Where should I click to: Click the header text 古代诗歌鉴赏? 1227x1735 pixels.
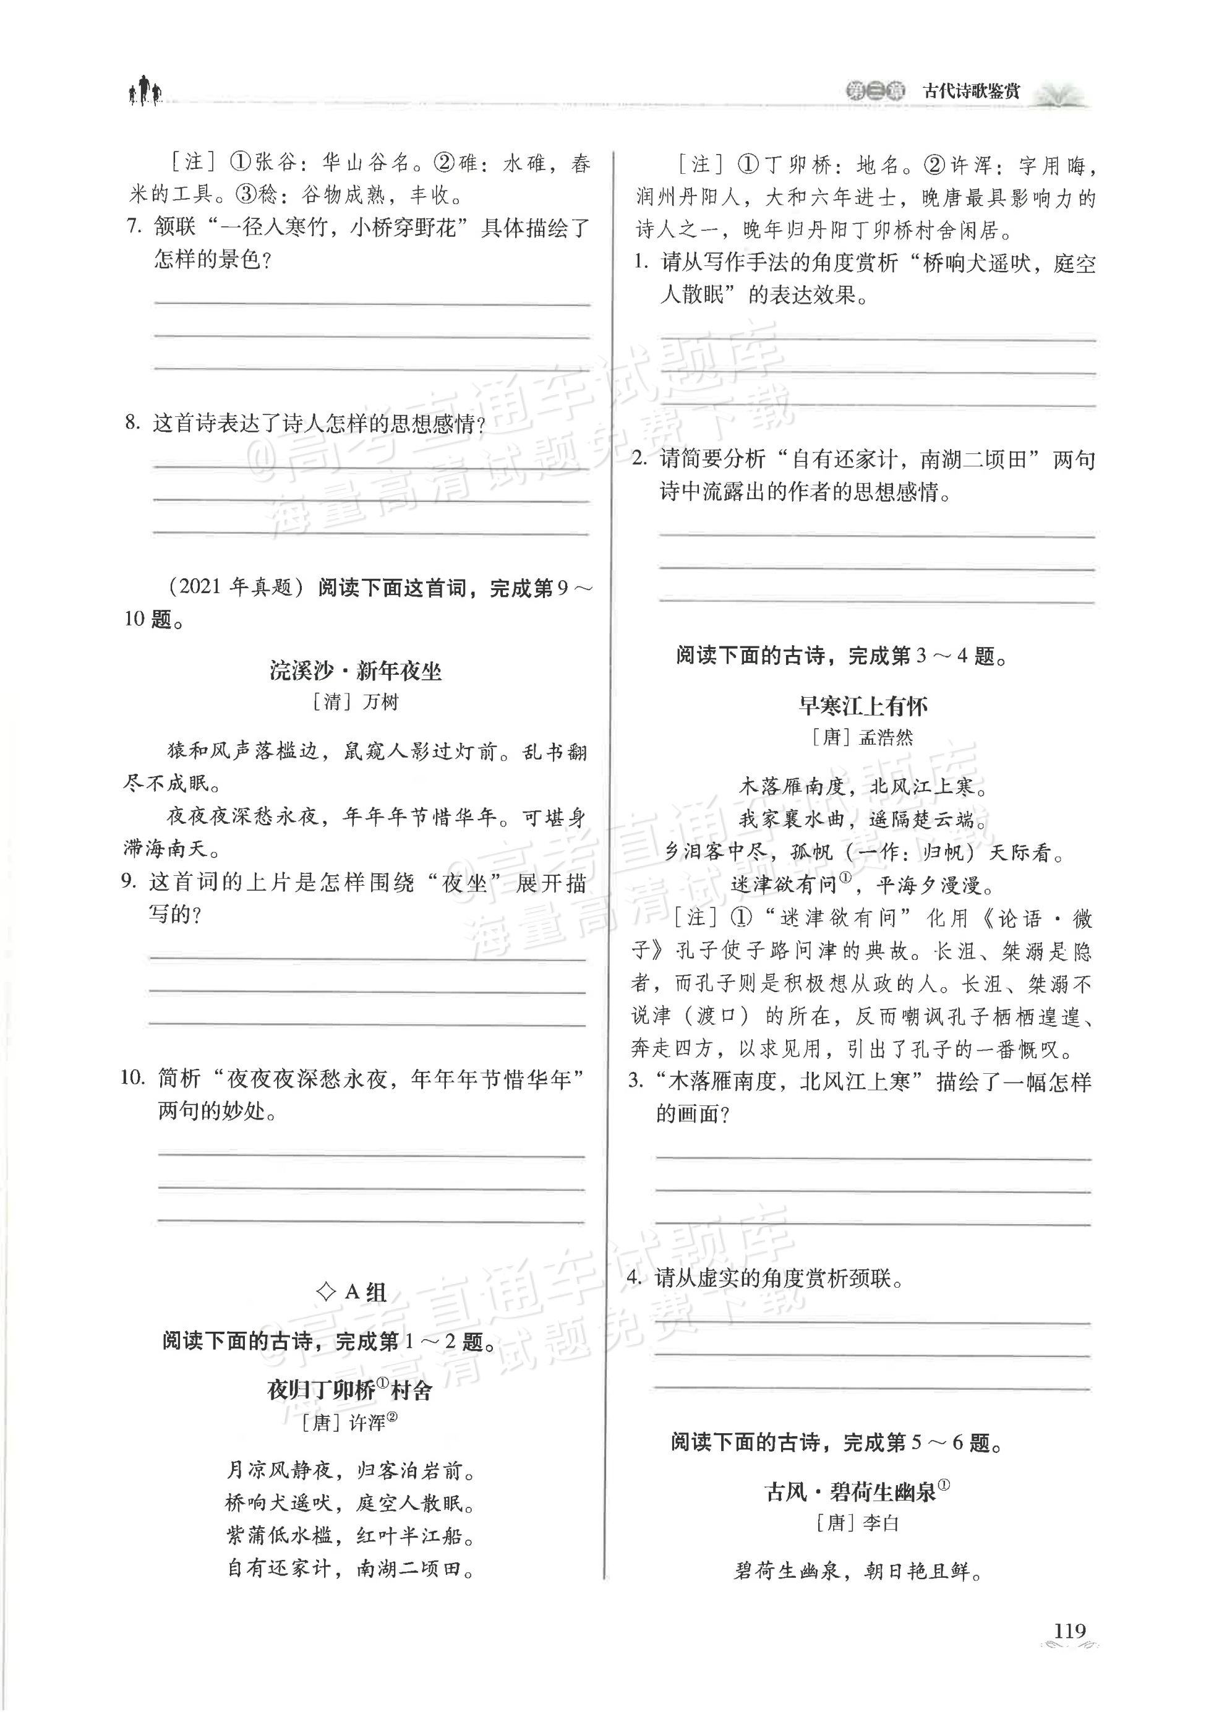971,92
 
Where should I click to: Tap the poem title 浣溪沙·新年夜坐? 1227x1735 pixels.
355,670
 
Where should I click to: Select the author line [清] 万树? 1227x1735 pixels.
354,702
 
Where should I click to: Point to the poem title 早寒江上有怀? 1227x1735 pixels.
863,706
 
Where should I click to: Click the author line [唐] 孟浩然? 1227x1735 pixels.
862,737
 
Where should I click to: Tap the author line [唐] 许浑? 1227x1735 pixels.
348,1423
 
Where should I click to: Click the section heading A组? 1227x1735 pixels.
352,1292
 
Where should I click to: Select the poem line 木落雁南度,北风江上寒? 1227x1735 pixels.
862,787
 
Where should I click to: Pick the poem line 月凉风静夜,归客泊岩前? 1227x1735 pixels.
351,1470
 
